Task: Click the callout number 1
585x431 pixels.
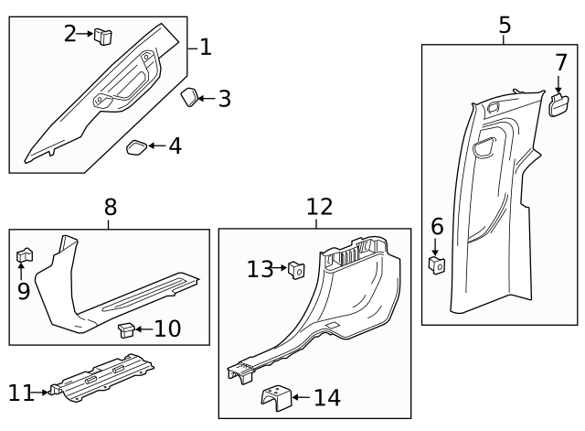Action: pos(206,47)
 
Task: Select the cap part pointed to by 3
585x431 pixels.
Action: pos(188,98)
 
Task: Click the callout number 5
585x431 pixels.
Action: pos(505,26)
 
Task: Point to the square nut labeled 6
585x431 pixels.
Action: pos(437,265)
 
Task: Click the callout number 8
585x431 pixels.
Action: pos(110,208)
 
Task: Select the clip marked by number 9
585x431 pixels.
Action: pos(25,256)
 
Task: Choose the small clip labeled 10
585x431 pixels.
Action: pos(128,328)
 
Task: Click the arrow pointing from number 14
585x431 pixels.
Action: pos(301,398)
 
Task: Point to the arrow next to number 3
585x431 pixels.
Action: pos(207,98)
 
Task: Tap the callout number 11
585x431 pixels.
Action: pos(20,393)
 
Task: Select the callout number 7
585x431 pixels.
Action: pos(560,63)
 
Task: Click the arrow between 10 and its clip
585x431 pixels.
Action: pos(144,328)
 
